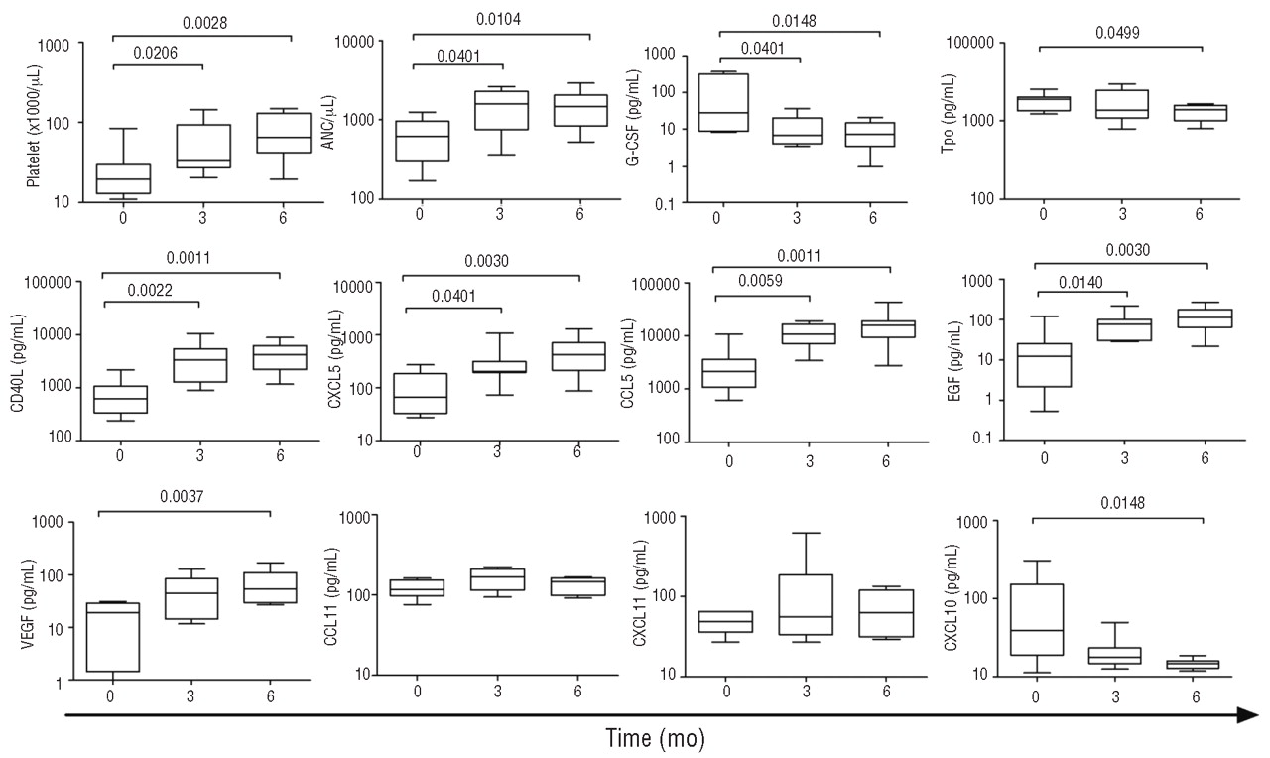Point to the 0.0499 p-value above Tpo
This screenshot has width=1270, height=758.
tap(1117, 32)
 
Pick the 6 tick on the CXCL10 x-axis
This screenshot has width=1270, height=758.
tap(1201, 696)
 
